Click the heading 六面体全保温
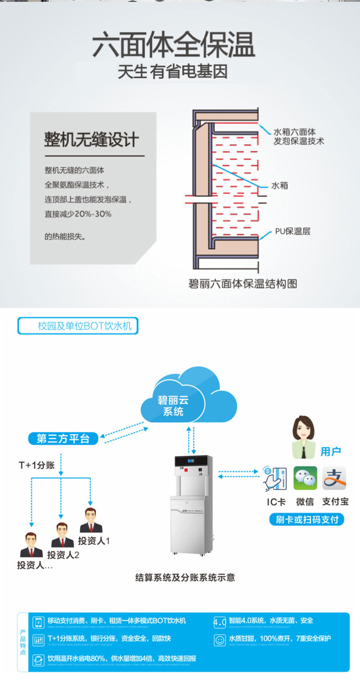(x=174, y=46)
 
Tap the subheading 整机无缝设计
(x=91, y=140)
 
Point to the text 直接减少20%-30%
(x=78, y=214)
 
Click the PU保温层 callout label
(x=292, y=231)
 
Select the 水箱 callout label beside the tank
(x=279, y=185)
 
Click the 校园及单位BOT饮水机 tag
(x=78, y=326)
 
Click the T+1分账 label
(x=36, y=465)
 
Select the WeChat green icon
(x=305, y=478)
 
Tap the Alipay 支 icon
(x=334, y=478)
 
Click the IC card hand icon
(x=275, y=478)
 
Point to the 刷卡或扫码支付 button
(x=307, y=519)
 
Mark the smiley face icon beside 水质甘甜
(x=220, y=640)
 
